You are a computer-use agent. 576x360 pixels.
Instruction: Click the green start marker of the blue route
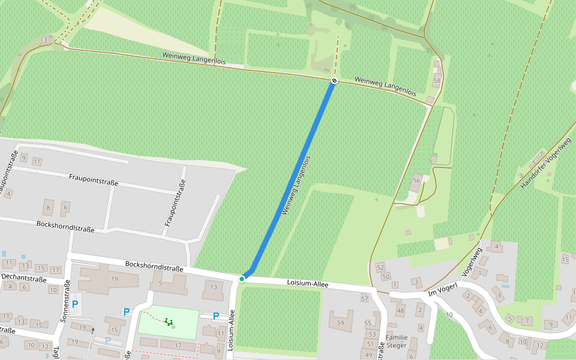[242, 278]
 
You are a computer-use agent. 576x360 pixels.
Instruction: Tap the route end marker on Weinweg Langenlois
[334, 80]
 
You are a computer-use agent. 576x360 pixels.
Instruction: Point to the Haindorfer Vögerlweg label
[545, 163]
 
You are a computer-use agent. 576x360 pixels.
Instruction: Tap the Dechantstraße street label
[23, 278]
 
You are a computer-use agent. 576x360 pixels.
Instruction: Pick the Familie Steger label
[397, 341]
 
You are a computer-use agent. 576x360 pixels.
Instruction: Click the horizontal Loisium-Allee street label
[307, 283]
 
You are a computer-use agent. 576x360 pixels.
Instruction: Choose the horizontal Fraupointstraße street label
[93, 179]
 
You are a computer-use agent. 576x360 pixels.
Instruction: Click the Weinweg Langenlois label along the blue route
[297, 186]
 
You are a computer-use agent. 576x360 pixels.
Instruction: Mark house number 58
[437, 80]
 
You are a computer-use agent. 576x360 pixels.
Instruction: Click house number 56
[416, 180]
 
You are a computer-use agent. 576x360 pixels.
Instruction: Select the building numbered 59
[341, 323]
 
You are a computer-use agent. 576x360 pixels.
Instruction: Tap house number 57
[364, 298]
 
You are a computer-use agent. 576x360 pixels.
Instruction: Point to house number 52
[380, 267]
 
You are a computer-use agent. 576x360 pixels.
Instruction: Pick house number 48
[400, 310]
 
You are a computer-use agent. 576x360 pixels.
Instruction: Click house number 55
[368, 323]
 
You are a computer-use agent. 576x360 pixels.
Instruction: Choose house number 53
[372, 334]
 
